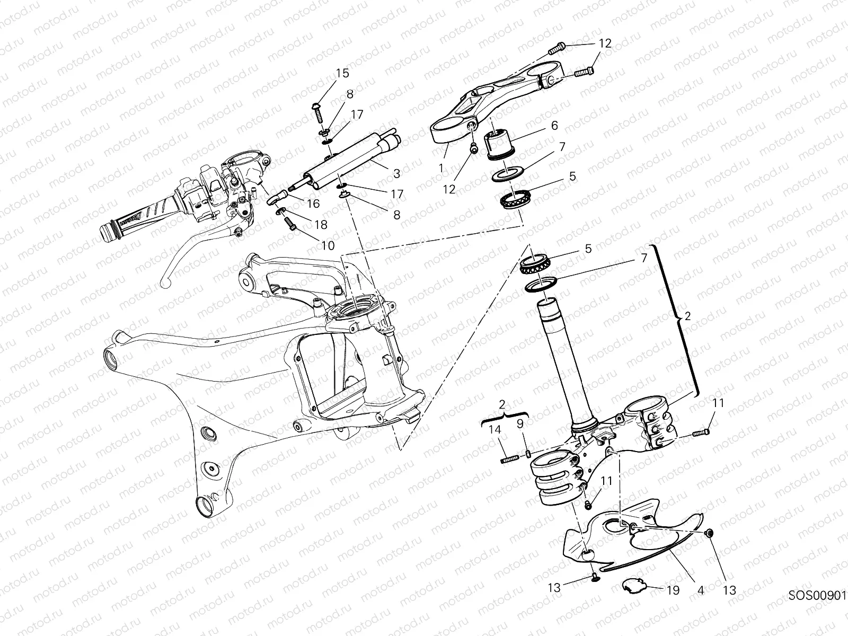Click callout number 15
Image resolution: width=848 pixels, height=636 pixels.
(x=342, y=73)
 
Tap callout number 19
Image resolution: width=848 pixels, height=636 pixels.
(x=673, y=590)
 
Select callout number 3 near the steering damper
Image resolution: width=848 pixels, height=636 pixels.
(x=396, y=173)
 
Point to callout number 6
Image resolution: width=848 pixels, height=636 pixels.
(x=554, y=126)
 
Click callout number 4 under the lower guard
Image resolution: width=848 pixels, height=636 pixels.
(x=701, y=590)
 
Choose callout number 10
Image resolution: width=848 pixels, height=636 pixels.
(x=328, y=245)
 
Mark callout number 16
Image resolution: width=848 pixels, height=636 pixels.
(x=313, y=204)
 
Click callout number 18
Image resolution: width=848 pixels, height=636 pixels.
(x=320, y=225)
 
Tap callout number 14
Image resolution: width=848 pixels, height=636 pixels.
(x=495, y=430)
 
